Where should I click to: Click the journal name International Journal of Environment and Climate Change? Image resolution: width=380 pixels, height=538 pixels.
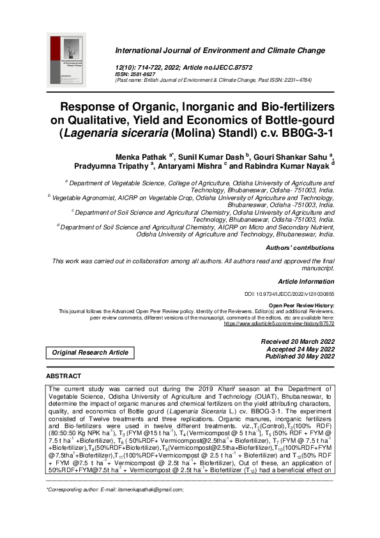click(x=220, y=50)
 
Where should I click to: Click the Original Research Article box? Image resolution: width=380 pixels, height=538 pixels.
click(x=90, y=352)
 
